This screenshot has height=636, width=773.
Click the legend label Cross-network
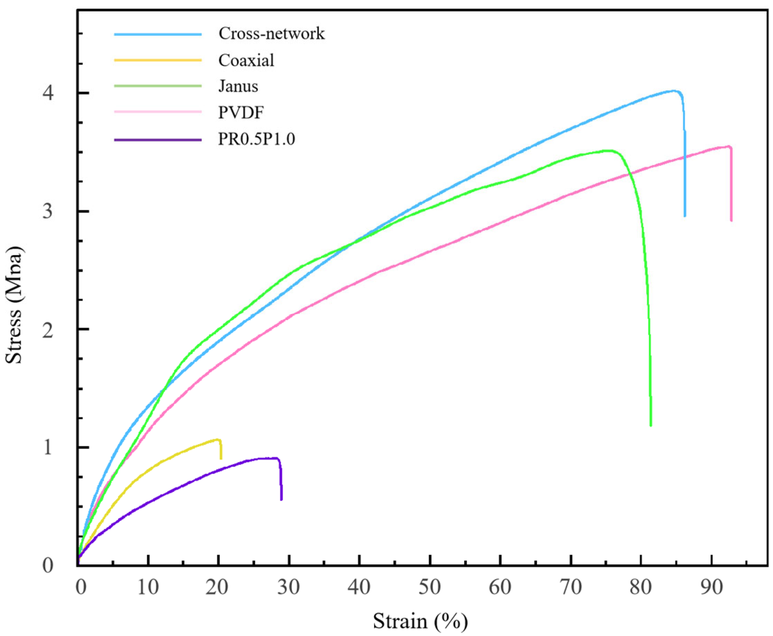tap(271, 33)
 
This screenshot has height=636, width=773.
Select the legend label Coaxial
tap(246, 60)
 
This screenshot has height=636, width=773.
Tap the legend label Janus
tap(238, 86)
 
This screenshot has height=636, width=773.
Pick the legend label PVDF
tap(241, 112)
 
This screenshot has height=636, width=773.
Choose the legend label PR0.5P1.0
tap(256, 139)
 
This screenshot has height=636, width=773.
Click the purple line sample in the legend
tap(158, 140)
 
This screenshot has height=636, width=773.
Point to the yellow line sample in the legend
tap(158, 60)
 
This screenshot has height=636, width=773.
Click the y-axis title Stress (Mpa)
tap(14, 305)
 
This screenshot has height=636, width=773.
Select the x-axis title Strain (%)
tap(420, 621)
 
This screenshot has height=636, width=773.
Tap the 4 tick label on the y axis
tap(48, 93)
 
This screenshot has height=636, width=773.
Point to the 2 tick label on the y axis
tap(48, 329)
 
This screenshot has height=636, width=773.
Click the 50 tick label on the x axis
tap(429, 587)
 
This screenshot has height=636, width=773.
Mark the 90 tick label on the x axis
tap(711, 587)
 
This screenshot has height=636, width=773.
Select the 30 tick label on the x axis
tap(289, 587)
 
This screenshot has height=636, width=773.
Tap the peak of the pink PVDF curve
tap(728, 146)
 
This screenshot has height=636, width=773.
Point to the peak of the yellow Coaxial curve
tap(218, 439)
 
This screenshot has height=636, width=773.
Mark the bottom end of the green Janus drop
tap(651, 425)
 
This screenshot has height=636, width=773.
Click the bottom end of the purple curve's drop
tap(281, 499)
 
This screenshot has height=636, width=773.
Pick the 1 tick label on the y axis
tap(48, 447)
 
